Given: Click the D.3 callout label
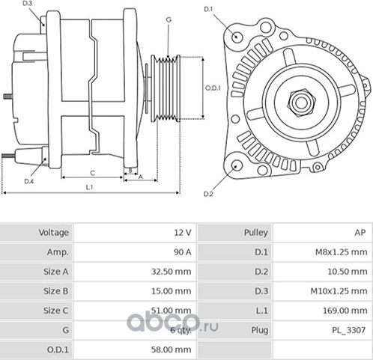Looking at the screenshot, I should (28, 4).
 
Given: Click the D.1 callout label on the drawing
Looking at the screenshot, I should (208, 9).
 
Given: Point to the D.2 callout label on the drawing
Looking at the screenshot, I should (208, 195).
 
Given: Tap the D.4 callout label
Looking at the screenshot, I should (28, 181).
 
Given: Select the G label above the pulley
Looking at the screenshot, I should (169, 19).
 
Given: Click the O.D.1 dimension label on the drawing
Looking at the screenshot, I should (213, 88).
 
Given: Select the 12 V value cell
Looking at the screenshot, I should (181, 233).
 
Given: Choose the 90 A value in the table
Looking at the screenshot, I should (181, 252).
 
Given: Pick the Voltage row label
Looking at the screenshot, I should (54, 233).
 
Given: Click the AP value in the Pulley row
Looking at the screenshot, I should (360, 233).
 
